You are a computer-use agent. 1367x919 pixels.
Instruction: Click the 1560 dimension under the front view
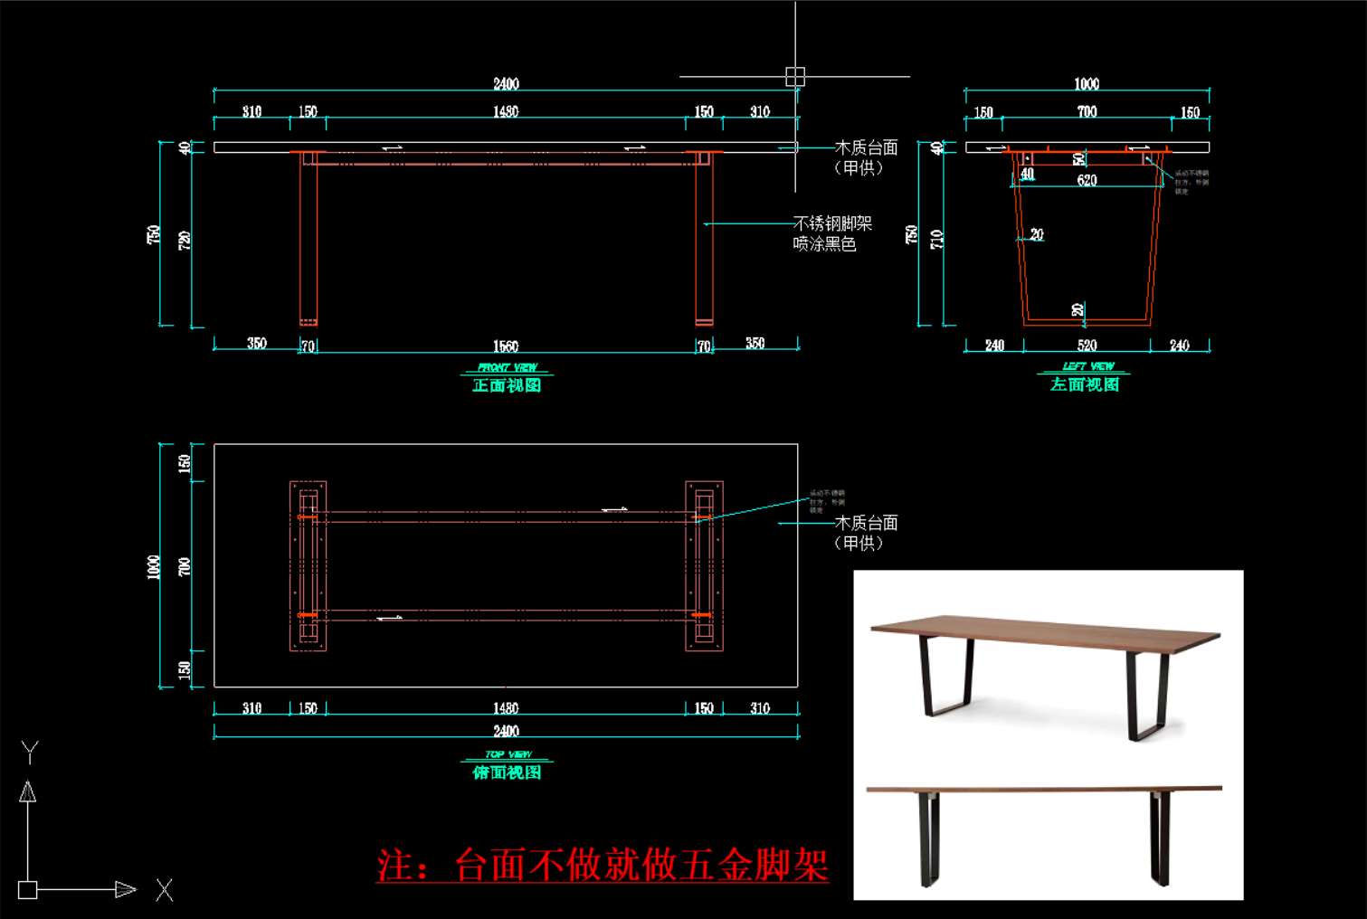coord(506,346)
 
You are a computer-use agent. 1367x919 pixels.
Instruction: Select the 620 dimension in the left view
coord(1087,181)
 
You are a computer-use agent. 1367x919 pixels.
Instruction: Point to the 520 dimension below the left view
coord(1087,346)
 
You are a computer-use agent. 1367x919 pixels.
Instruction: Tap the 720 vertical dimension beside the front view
coord(185,241)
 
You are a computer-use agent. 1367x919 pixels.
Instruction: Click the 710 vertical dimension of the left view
coord(937,240)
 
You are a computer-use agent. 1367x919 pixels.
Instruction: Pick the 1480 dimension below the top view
coord(506,708)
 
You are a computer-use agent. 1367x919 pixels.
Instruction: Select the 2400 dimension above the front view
coord(506,84)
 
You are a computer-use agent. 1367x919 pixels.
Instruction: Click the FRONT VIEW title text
coord(507,367)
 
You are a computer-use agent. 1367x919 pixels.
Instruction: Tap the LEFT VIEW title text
coord(1087,366)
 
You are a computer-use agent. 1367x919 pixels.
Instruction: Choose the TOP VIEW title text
coord(508,754)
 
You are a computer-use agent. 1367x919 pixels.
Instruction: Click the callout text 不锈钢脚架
coord(832,223)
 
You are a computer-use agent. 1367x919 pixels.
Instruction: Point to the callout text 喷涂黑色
coord(824,244)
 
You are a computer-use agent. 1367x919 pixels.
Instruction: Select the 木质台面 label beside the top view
coord(866,523)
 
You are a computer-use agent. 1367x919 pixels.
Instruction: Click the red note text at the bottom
coord(603,866)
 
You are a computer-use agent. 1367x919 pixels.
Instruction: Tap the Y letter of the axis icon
coord(30,751)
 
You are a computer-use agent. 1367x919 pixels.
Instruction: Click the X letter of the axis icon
coord(164,890)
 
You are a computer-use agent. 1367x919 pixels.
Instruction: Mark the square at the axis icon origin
coord(28,890)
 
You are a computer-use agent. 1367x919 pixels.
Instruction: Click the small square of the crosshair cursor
coord(795,77)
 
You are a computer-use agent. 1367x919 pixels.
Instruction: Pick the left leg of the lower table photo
coord(928,838)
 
